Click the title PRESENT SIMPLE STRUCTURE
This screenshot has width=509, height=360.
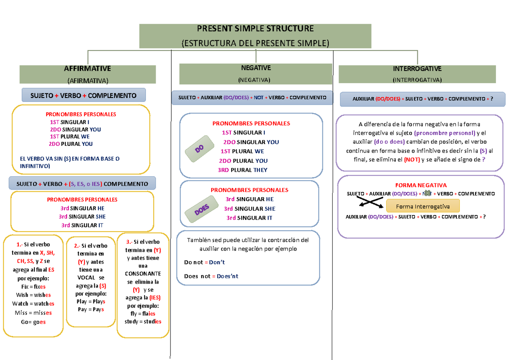(x=255, y=28)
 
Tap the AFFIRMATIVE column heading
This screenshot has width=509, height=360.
(x=87, y=68)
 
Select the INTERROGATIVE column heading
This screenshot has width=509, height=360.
(x=417, y=69)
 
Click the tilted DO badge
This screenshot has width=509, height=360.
(x=199, y=149)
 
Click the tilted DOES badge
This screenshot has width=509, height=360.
(x=201, y=209)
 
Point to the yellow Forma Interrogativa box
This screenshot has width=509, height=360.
(x=423, y=206)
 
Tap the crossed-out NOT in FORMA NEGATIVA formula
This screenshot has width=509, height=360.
(x=427, y=193)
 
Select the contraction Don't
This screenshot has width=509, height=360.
(x=217, y=262)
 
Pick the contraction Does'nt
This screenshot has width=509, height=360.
(x=227, y=276)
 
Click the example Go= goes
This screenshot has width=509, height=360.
(x=33, y=322)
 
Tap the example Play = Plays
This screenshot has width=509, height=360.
(x=91, y=301)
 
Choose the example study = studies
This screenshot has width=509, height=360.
(x=143, y=321)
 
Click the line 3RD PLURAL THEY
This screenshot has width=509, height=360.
(x=243, y=170)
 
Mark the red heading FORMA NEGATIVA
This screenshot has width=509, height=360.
(x=421, y=185)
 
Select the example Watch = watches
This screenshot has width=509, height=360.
(x=33, y=304)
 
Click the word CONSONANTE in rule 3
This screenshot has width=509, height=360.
(x=143, y=273)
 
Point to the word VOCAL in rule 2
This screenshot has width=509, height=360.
(x=86, y=278)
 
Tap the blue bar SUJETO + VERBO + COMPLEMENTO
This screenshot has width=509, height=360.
(x=84, y=95)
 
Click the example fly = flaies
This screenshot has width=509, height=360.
(x=143, y=314)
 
